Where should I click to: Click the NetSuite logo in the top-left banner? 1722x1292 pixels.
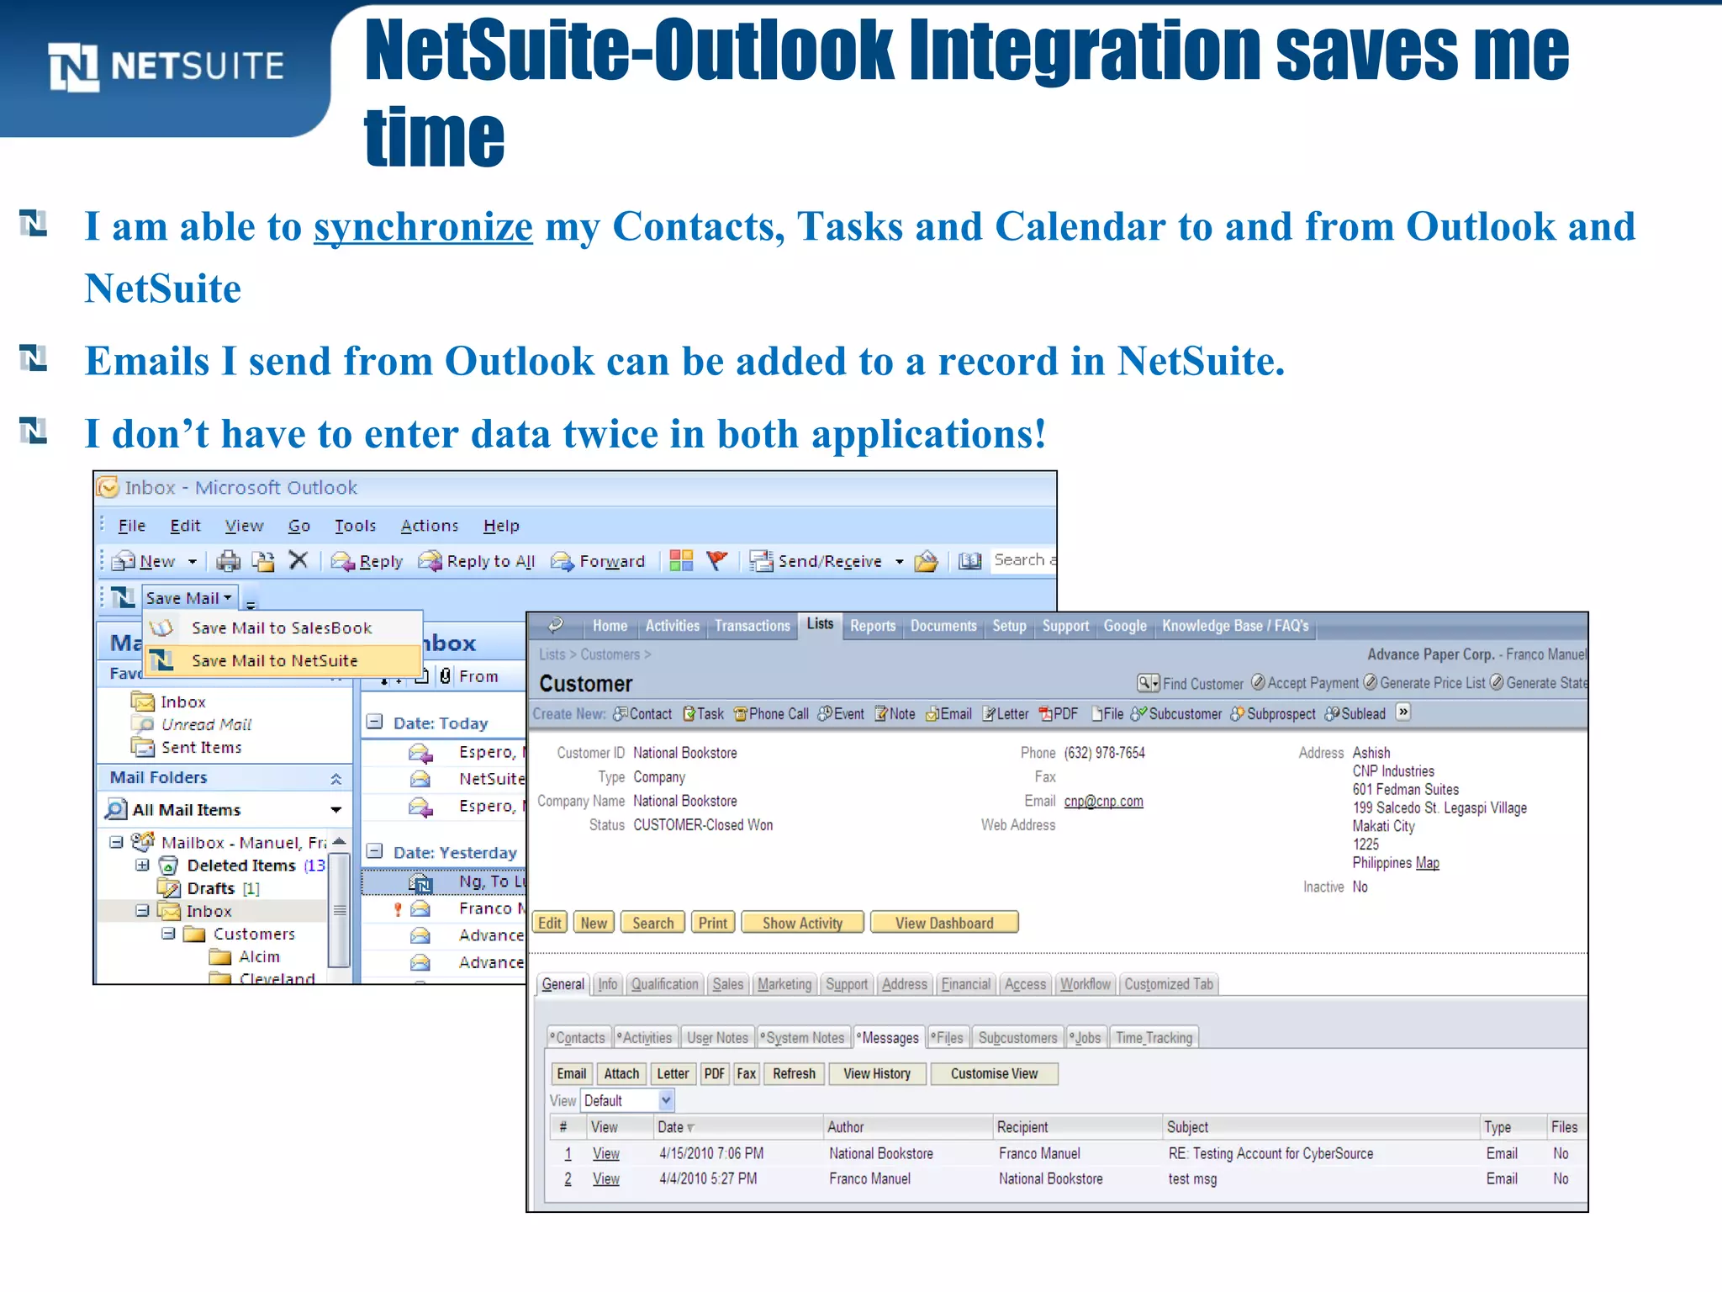(x=166, y=66)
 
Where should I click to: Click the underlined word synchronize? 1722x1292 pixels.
(x=423, y=227)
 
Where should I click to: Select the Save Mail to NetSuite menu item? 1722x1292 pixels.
(x=274, y=661)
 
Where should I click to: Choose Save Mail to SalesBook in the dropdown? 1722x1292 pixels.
(x=281, y=628)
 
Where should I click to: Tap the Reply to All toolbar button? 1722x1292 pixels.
(x=478, y=561)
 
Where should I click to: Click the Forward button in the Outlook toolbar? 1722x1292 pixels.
(x=599, y=561)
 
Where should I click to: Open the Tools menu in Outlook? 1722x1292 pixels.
(x=355, y=526)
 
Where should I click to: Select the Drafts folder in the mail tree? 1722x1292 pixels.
(x=210, y=888)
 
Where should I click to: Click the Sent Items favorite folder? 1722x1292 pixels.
(x=201, y=747)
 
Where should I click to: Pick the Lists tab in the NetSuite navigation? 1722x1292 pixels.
(x=820, y=624)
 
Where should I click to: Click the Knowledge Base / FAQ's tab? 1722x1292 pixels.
(x=1234, y=626)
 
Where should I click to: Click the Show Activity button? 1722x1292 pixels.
(x=802, y=923)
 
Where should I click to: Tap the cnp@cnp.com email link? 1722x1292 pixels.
(x=1103, y=801)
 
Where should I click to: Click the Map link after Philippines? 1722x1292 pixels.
(x=1427, y=863)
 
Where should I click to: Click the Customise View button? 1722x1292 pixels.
(x=994, y=1074)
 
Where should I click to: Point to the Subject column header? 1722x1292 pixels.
(x=1187, y=1127)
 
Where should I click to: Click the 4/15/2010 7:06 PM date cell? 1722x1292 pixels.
(x=711, y=1153)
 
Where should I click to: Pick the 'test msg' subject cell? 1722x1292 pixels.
(x=1192, y=1178)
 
